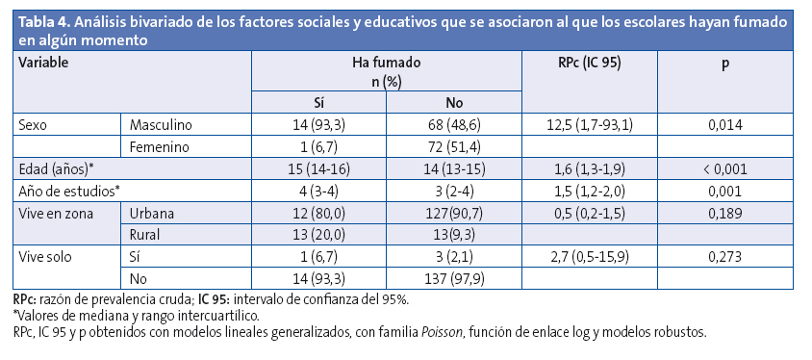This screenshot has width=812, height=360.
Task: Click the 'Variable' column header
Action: [46, 62]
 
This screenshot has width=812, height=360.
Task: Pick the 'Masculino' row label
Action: [161, 125]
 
